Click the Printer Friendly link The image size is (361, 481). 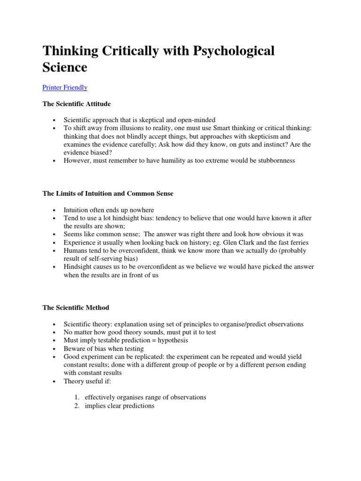coord(65,87)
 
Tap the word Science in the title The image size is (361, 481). coord(65,67)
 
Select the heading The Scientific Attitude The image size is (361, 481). coord(77,103)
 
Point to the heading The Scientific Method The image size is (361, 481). coord(76,308)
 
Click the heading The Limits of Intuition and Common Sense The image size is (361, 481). coord(108,194)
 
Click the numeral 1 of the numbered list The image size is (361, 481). coord(77,397)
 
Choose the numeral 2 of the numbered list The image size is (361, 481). coord(77,405)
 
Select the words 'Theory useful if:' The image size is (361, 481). coord(87,381)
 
